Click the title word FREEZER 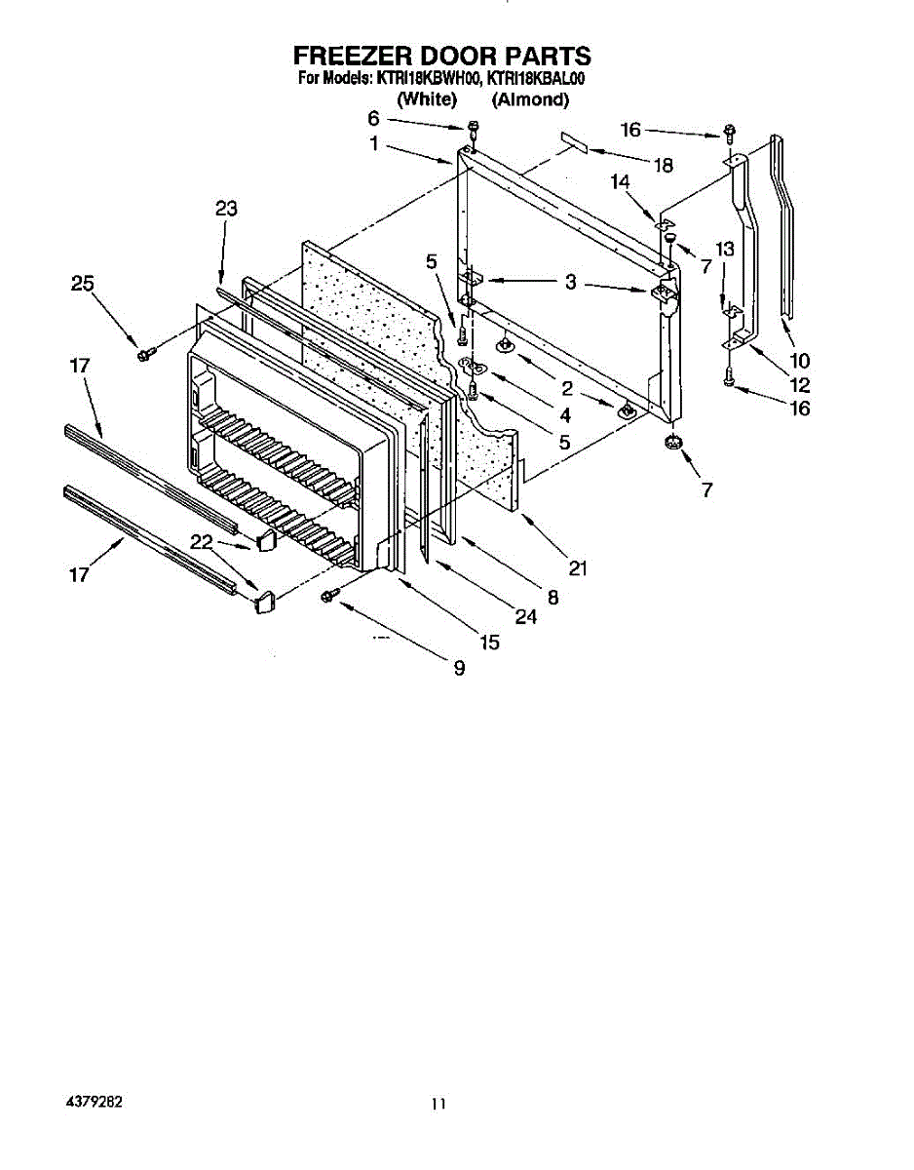tap(344, 56)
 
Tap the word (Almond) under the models tap(530, 99)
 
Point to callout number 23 tap(226, 209)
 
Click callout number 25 tap(83, 284)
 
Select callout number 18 tap(663, 166)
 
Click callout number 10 tap(799, 361)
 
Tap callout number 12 tap(799, 385)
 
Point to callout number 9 tap(459, 668)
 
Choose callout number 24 tap(526, 617)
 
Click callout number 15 tap(489, 642)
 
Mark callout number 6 tap(373, 119)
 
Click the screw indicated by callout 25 tap(146, 352)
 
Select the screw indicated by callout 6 tap(473, 127)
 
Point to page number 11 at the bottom tap(439, 1104)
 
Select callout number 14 tap(621, 181)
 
